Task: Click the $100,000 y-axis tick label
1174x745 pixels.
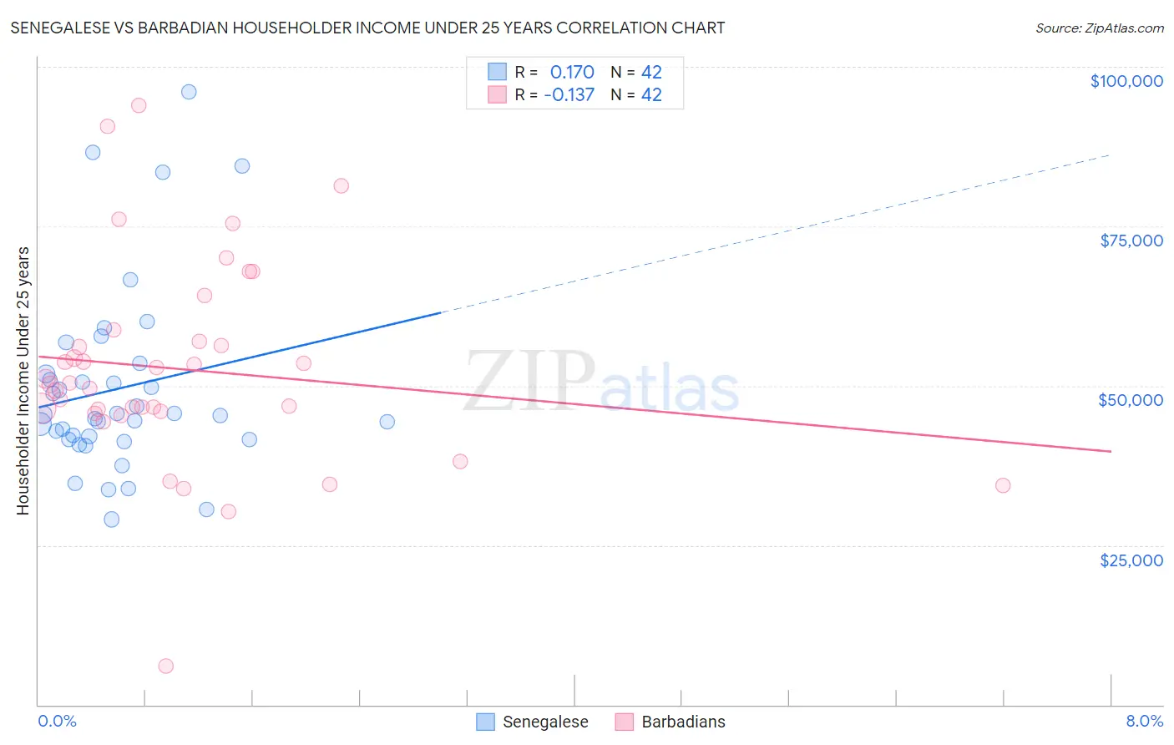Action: coord(1126,81)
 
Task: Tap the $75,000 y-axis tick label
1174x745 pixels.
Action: coord(1131,241)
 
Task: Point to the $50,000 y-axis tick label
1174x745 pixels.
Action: coord(1130,400)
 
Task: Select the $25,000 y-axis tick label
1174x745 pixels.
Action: coord(1131,560)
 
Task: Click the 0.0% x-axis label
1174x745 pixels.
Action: coord(57,721)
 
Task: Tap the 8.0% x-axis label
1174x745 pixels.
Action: coord(1144,721)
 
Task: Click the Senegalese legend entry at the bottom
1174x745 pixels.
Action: coord(544,722)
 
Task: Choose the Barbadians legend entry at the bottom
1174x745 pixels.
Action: coord(682,722)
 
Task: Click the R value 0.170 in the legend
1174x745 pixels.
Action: coord(572,73)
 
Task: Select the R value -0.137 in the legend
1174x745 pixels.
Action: coord(569,94)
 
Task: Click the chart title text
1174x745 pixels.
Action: coord(367,28)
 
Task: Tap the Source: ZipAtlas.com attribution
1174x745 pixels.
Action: coord(1099,28)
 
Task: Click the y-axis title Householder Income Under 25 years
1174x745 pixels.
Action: coord(23,380)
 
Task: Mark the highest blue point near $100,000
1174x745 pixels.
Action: coord(189,92)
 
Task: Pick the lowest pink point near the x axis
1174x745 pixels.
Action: coord(165,666)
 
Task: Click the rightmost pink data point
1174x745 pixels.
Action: coord(1003,485)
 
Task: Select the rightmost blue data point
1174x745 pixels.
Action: coord(387,422)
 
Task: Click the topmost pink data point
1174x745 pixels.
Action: coord(139,105)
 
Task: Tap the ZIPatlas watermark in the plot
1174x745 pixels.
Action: coord(601,383)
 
